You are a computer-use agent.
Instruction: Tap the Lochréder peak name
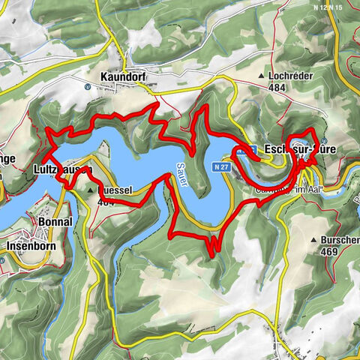(x=292, y=76)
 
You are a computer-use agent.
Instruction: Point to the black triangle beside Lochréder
(x=261, y=76)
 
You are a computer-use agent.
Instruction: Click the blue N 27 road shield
(x=219, y=166)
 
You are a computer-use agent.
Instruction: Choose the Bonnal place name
(x=53, y=223)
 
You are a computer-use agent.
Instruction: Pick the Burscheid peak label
(x=340, y=240)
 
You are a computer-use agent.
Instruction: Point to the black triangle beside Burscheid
(x=313, y=240)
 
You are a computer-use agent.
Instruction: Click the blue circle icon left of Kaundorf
(x=88, y=86)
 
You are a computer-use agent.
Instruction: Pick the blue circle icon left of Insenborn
(x=2, y=259)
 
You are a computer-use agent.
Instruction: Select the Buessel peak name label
(x=116, y=190)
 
